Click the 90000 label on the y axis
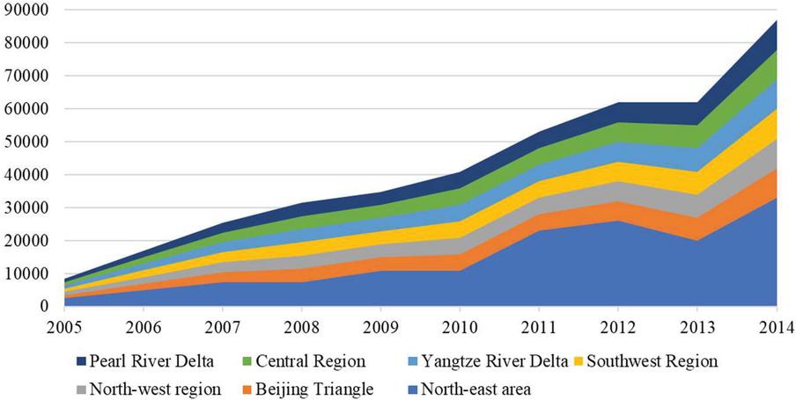pos(26,10)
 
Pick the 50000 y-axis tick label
pos(26,142)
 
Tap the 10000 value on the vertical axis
pos(26,273)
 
